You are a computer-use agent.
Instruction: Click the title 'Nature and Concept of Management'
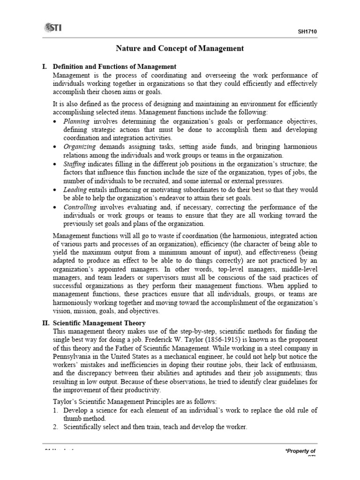coord(180,48)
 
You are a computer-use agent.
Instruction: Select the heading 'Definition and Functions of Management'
coord(114,67)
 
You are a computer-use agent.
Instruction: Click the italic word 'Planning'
coord(77,121)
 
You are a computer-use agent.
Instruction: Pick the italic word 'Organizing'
coord(79,147)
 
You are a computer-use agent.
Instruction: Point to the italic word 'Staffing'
coord(74,164)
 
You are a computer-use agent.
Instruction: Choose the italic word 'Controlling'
coord(80,207)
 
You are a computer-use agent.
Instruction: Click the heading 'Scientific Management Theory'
coord(99,323)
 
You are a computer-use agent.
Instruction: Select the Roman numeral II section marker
coord(46,323)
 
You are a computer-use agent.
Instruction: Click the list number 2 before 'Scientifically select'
coord(55,427)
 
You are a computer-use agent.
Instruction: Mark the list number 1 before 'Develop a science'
coord(55,410)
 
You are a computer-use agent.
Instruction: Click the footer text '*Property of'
coord(300,451)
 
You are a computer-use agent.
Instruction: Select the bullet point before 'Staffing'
coord(56,165)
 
